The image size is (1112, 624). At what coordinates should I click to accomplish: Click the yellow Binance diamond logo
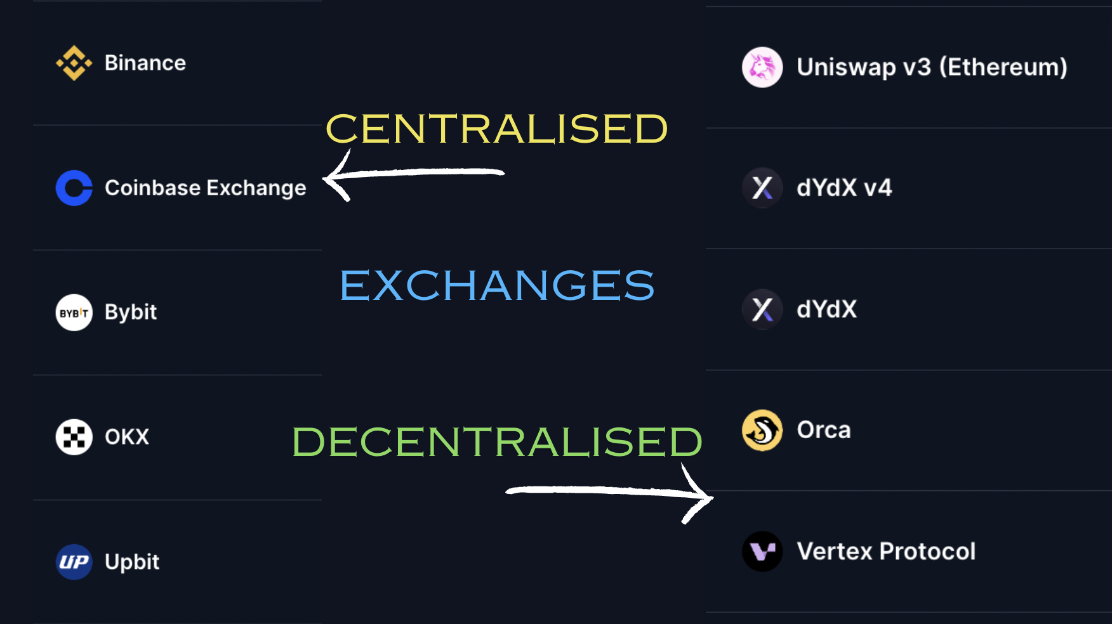pyautogui.click(x=74, y=63)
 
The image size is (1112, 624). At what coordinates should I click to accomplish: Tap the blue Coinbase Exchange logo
pyautogui.click(x=74, y=188)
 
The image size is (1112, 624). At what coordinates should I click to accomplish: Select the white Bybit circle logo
pyautogui.click(x=74, y=313)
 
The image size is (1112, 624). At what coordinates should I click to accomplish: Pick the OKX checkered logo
pyautogui.click(x=74, y=437)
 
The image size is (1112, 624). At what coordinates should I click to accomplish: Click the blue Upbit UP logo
pyautogui.click(x=74, y=562)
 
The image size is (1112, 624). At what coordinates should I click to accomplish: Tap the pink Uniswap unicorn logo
pyautogui.click(x=762, y=67)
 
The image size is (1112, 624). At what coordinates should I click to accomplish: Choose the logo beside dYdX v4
pyautogui.click(x=762, y=188)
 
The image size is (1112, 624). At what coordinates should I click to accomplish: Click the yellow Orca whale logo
pyautogui.click(x=762, y=430)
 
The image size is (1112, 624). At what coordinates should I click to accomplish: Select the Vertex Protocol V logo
pyautogui.click(x=762, y=551)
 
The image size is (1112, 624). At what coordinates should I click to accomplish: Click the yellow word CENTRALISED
pyautogui.click(x=496, y=129)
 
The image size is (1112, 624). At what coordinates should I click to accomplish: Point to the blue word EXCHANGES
pyautogui.click(x=496, y=285)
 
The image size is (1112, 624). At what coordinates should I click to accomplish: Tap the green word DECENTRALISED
pyautogui.click(x=496, y=441)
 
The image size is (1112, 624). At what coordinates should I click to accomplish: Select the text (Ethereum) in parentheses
pyautogui.click(x=1003, y=67)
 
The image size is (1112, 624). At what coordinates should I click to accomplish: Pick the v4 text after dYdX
pyautogui.click(x=878, y=188)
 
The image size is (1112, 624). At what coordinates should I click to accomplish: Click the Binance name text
pyautogui.click(x=145, y=63)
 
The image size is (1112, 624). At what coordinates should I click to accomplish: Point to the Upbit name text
pyautogui.click(x=132, y=562)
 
